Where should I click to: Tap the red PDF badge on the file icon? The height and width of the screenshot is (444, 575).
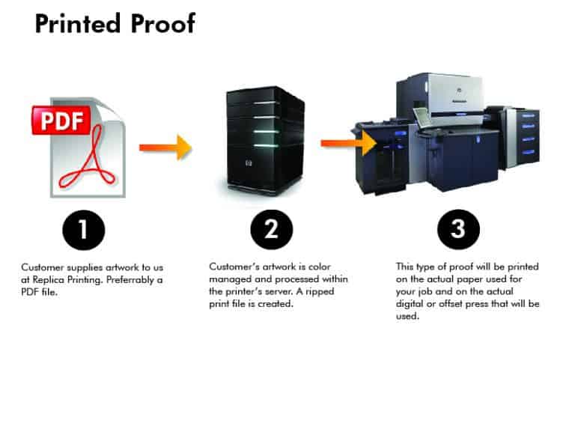click(61, 121)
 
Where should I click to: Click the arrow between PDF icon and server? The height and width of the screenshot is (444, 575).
click(164, 147)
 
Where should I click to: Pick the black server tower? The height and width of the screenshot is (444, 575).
click(264, 140)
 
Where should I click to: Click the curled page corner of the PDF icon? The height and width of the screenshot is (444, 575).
click(113, 109)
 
